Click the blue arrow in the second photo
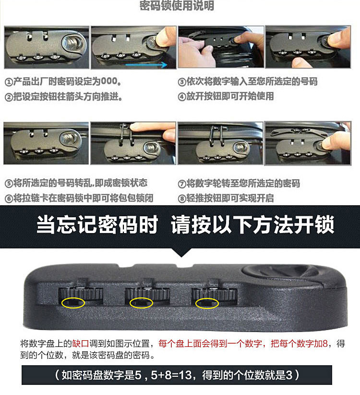pos(146,65)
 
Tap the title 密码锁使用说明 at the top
pos(177,6)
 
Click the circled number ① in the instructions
pos(9,82)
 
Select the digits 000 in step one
pos(109,81)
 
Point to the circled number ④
pos(181,97)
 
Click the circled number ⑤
pos(9,184)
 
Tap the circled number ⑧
pos(181,199)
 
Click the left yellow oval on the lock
pos(73,303)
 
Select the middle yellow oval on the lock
pos(141,303)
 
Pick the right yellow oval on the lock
pos(207,303)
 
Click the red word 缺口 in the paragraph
pos(81,344)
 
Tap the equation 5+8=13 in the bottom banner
pos(171,375)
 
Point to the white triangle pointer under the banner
pos(182,252)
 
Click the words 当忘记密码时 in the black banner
pos(97,225)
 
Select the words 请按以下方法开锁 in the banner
pos(252,225)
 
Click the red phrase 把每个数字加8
pos(299,344)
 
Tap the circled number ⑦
pos(181,184)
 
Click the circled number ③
pos(181,82)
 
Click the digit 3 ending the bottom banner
pos(289,375)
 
